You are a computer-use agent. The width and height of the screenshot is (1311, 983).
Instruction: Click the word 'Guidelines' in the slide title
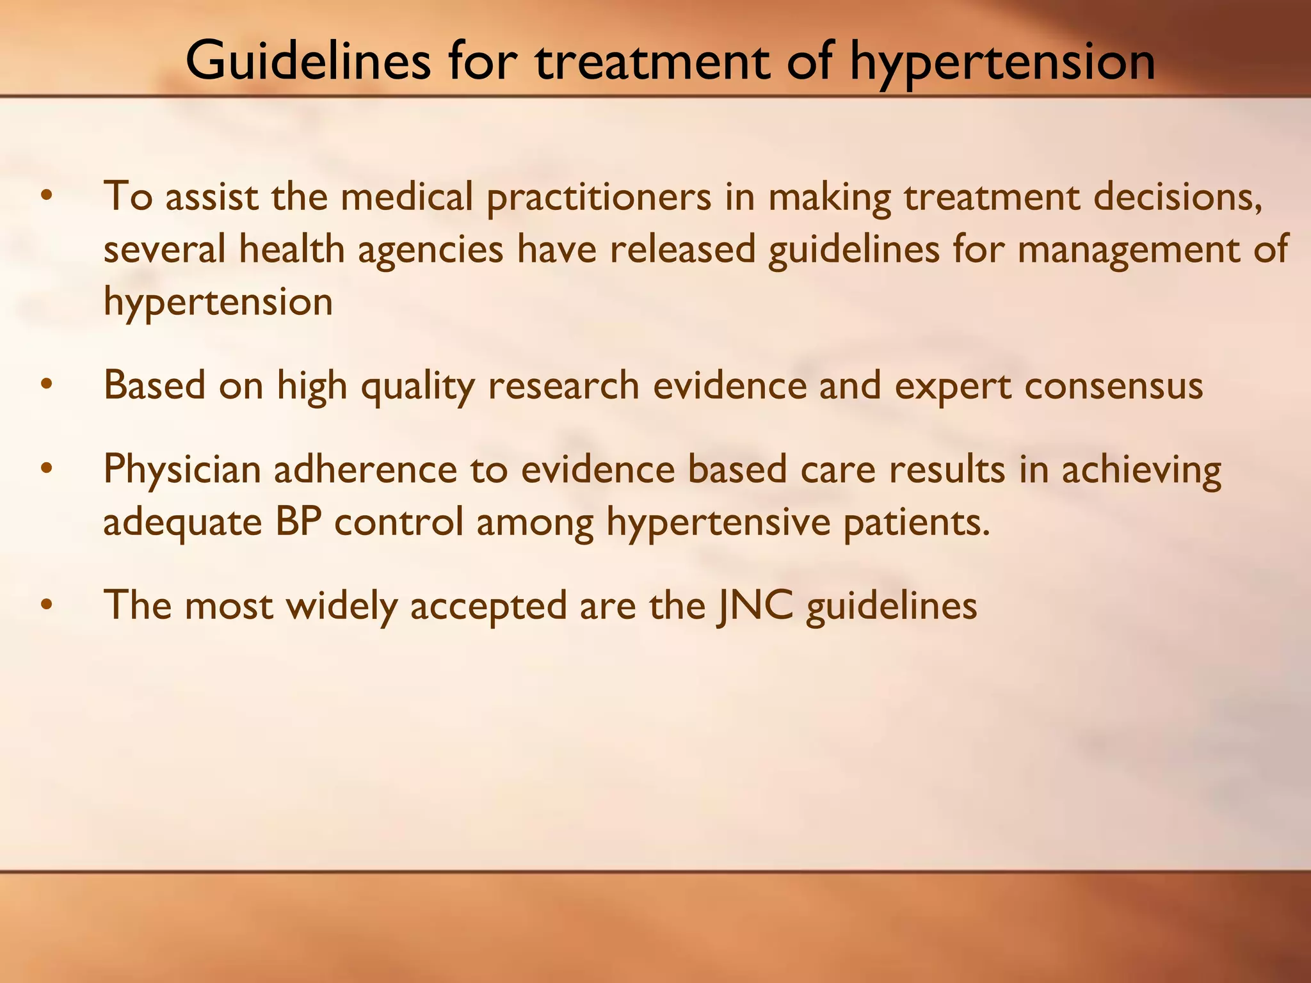308,61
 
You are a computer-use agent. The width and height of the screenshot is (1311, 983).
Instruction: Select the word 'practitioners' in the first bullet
599,197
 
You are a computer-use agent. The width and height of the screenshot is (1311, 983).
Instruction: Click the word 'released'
682,250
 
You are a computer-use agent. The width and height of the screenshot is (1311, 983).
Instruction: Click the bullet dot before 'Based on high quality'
45,385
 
